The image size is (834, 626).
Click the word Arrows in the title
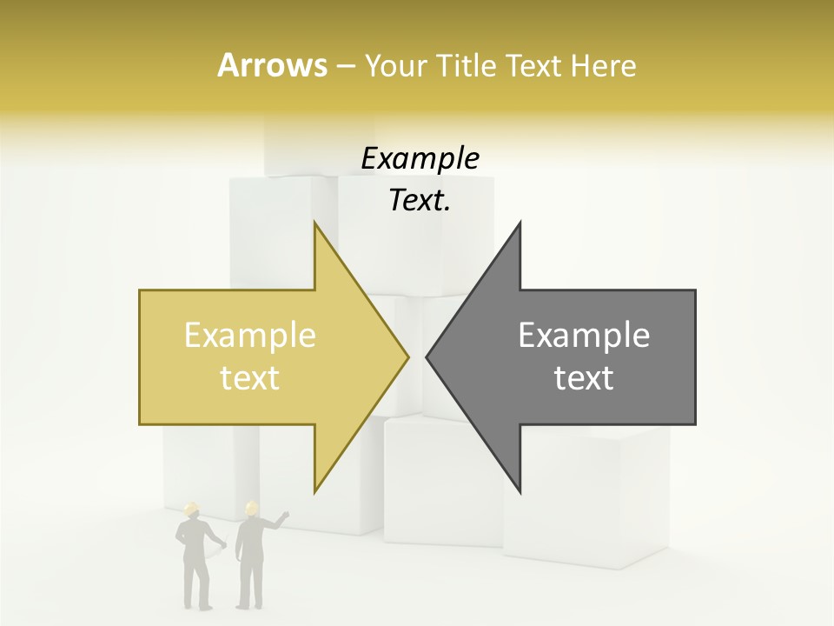272,65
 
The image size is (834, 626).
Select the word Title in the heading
472,66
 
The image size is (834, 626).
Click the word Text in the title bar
533,66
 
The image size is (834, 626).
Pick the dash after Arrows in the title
345,67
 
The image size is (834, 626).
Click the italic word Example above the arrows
420,159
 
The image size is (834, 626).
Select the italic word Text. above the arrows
420,201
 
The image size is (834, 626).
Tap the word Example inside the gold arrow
250,336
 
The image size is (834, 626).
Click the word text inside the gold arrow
250,378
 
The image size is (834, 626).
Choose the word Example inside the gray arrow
584,336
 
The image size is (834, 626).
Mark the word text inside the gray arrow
584,378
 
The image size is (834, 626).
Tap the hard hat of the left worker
192,510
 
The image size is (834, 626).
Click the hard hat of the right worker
252,509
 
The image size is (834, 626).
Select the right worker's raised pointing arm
277,523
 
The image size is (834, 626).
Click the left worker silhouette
195,556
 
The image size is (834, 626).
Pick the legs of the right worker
250,583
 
